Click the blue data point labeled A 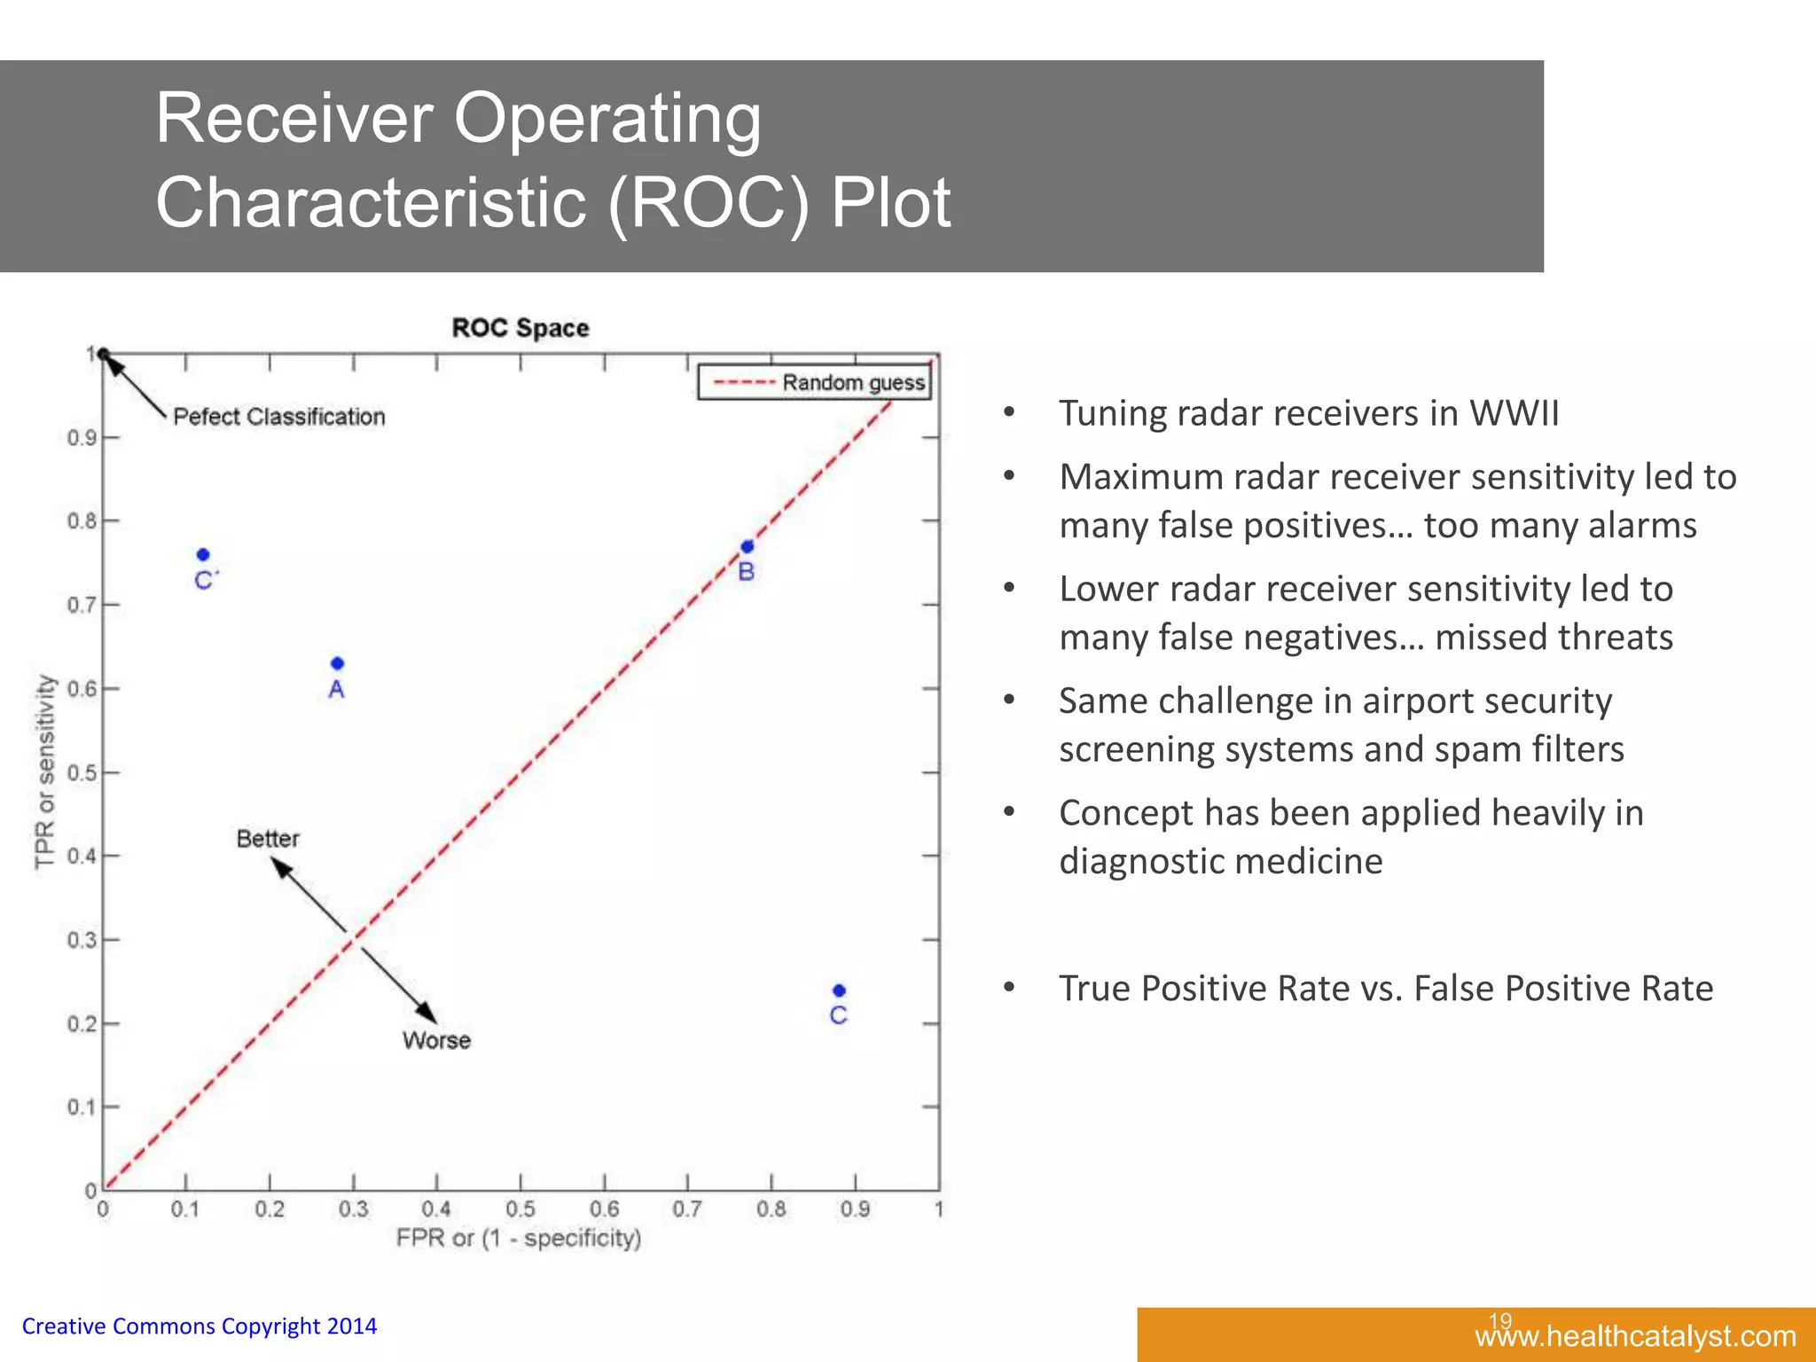tap(337, 663)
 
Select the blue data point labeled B tap(748, 546)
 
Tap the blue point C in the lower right tap(840, 990)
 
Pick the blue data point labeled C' tap(203, 554)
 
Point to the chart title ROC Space tap(521, 328)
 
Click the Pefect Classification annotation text tap(278, 417)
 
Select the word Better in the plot tap(268, 838)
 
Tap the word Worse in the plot tap(436, 1040)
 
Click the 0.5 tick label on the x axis tap(521, 1209)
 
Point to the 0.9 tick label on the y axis tap(82, 438)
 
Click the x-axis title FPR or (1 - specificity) tap(518, 1238)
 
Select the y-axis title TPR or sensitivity tap(45, 771)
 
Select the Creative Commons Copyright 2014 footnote tap(200, 1327)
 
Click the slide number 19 tap(1499, 1320)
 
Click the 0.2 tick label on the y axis tap(82, 1024)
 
